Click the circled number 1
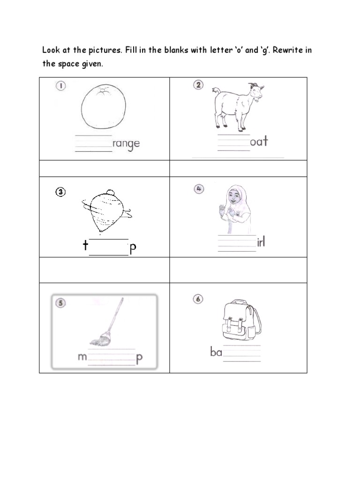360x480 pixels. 60,86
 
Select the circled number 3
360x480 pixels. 61,192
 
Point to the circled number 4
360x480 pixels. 199,188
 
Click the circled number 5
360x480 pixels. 61,303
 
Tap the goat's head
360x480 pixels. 255,92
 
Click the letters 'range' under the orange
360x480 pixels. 126,144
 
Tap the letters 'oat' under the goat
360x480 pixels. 259,141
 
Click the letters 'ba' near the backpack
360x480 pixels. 216,352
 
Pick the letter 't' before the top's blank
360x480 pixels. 85,246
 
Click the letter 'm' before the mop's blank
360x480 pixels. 82,358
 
